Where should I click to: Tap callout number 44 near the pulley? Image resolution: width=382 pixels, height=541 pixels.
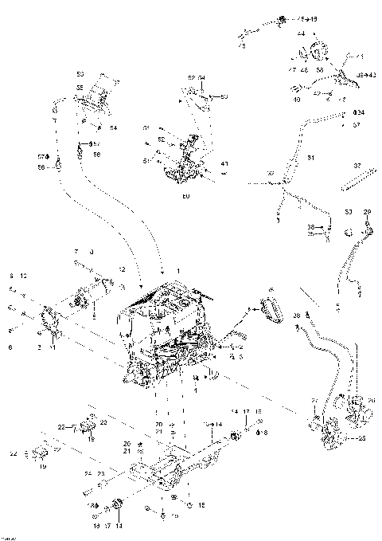(x=302, y=34)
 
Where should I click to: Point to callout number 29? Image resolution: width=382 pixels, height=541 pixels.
(x=368, y=211)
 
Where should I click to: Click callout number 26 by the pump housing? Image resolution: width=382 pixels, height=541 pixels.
(x=372, y=400)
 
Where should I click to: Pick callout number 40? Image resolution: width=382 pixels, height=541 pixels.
(x=297, y=100)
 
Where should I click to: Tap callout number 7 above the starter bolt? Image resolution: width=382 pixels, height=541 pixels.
(x=76, y=251)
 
